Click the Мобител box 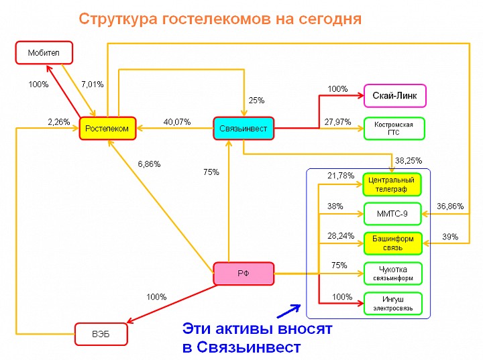point(44,53)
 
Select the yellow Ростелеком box point(107,129)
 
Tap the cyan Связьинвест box point(244,129)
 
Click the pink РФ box point(244,274)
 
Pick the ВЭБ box point(101,334)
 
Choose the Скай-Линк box point(395,96)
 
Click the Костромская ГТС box point(394,129)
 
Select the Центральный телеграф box point(392,184)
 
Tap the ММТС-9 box point(392,214)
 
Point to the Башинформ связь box point(392,243)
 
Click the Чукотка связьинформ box point(393,274)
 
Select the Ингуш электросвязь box point(393,304)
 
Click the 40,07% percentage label point(177,122)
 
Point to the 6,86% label point(149,164)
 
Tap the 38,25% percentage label point(409,160)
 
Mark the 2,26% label point(59,122)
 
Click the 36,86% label point(450,206)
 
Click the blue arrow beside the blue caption point(288,311)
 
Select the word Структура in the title point(118,19)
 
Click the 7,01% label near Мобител point(92,84)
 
